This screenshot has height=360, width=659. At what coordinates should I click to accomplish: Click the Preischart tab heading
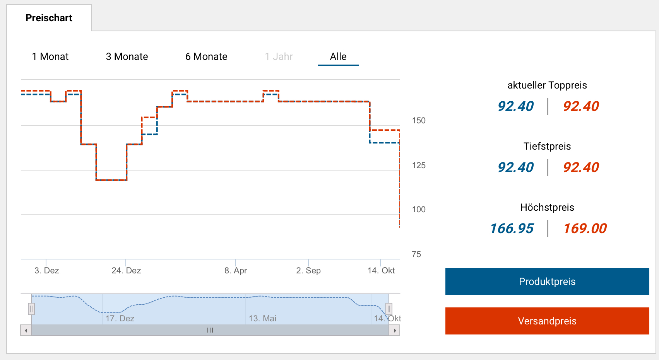pyautogui.click(x=49, y=18)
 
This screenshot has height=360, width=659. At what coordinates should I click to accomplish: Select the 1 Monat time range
pyautogui.click(x=50, y=57)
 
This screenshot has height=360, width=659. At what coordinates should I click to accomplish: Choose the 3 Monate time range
pyautogui.click(x=127, y=57)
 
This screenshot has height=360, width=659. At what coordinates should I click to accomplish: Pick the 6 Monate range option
pyautogui.click(x=206, y=57)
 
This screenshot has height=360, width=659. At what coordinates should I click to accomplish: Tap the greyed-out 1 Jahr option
pyautogui.click(x=279, y=57)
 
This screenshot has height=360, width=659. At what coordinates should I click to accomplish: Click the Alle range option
pyautogui.click(x=338, y=57)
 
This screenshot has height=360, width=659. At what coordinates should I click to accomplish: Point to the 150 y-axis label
pyautogui.click(x=419, y=121)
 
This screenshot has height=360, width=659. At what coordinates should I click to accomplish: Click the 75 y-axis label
pyautogui.click(x=416, y=254)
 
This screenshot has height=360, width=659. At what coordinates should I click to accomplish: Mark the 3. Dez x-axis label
pyautogui.click(x=46, y=271)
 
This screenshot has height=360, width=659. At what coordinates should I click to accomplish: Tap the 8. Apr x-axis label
pyautogui.click(x=236, y=271)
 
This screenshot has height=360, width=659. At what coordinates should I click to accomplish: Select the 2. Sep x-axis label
pyautogui.click(x=308, y=271)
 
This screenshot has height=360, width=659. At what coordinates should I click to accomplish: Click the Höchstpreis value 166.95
pyautogui.click(x=512, y=229)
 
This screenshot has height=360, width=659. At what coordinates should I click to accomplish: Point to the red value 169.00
pyautogui.click(x=585, y=229)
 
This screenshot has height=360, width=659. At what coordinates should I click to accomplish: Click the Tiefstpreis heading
pyautogui.click(x=547, y=147)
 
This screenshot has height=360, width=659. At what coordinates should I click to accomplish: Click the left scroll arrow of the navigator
pyautogui.click(x=26, y=331)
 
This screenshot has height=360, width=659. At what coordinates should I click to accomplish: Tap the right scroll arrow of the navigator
pyautogui.click(x=394, y=331)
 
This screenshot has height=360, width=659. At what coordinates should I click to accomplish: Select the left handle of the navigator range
pyautogui.click(x=31, y=309)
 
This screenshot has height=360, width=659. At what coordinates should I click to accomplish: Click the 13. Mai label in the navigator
pyautogui.click(x=262, y=319)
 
